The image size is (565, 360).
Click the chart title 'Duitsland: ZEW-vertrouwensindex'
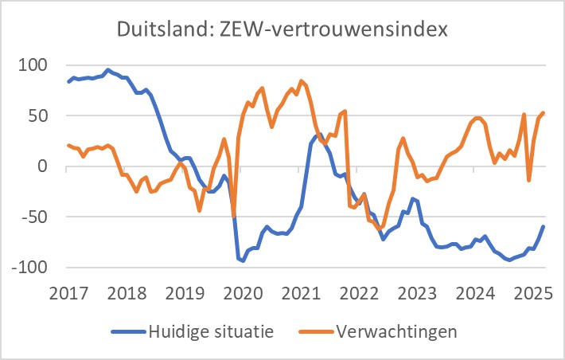282,31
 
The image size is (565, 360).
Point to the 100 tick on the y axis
34,65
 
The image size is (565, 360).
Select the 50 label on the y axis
39,115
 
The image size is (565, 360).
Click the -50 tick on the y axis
36,217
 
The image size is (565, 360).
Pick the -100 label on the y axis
31,268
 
